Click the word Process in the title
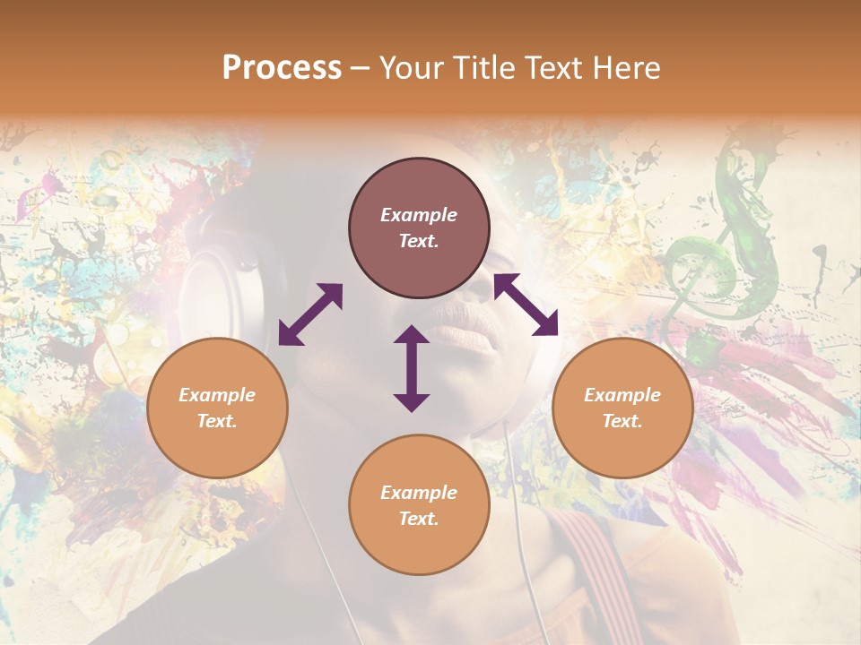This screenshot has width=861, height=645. pyautogui.click(x=282, y=68)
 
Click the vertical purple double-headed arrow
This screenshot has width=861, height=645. pyautogui.click(x=412, y=368)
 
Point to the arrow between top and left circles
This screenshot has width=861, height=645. pyautogui.click(x=310, y=314)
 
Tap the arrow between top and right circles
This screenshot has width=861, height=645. pyautogui.click(x=526, y=305)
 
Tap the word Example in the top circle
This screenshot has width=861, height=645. pyautogui.click(x=419, y=215)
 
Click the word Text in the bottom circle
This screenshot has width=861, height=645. pyautogui.click(x=419, y=519)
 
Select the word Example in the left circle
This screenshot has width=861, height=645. pyautogui.click(x=217, y=395)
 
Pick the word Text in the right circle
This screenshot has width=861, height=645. pyautogui.click(x=622, y=421)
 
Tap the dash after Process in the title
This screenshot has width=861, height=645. pyautogui.click(x=361, y=68)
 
